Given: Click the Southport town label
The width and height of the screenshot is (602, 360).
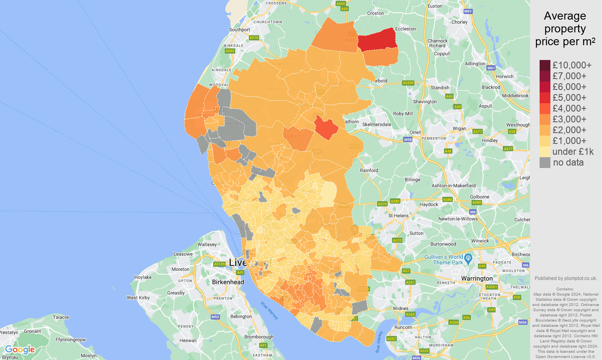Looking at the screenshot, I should coord(239,30).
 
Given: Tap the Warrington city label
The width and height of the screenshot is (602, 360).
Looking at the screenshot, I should coord(477,278).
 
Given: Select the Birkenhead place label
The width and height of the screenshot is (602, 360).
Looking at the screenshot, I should coord(228,282).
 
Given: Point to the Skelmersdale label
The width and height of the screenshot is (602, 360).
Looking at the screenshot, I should coord(376,124).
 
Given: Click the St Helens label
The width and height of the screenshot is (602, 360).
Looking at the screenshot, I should coord(398,216).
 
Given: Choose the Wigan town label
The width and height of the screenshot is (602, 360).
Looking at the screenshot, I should coord(459,128).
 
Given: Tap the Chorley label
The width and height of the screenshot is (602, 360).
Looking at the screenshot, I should coord(459,22).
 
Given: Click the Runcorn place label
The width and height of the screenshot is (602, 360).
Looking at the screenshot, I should coord(403,327).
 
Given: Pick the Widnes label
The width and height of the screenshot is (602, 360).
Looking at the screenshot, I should coord(400,308).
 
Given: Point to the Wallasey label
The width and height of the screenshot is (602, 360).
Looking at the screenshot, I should coord(207,244).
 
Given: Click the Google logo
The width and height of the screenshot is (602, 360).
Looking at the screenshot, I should coord(20,350).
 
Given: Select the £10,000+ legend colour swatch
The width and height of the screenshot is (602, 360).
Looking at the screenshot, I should coord(545,65).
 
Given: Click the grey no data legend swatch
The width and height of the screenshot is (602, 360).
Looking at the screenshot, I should coord(545,162).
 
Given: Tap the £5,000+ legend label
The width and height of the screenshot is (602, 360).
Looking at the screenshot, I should coord(569,98).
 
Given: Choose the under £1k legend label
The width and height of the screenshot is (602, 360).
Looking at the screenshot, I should coord(573,152).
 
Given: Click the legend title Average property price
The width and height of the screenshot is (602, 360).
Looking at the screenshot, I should coord(565,29).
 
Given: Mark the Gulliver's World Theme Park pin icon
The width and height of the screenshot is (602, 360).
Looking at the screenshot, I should coord(468,258).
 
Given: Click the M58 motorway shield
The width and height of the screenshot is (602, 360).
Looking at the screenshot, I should coord(408,140).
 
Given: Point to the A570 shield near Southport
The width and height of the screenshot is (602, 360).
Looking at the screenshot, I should coord(254,38).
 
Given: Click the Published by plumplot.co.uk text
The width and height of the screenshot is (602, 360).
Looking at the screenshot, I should coord(566,278).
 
